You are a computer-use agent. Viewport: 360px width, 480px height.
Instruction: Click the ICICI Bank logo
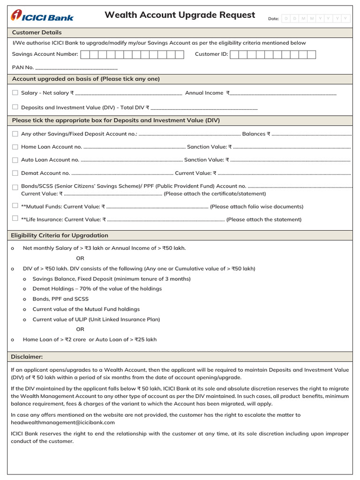click(42, 16)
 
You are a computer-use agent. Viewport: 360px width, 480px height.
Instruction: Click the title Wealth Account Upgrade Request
click(180, 15)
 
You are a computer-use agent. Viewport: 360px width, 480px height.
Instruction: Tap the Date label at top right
click(273, 19)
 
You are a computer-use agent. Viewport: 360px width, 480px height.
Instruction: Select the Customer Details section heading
click(37, 32)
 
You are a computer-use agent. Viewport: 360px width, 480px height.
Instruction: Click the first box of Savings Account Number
click(85, 54)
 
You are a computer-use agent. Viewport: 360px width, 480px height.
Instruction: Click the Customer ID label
click(211, 54)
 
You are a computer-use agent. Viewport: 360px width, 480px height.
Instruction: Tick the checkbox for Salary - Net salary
click(15, 93)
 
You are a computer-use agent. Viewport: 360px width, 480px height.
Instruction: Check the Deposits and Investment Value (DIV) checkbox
click(15, 107)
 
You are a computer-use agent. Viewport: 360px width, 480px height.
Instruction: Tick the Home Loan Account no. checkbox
click(15, 147)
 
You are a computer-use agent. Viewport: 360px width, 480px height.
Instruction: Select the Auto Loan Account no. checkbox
click(15, 160)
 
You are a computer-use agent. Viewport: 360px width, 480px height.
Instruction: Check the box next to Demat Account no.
click(15, 173)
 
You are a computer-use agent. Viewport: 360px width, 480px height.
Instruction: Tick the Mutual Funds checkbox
click(15, 206)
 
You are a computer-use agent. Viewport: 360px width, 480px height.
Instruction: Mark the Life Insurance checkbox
click(15, 218)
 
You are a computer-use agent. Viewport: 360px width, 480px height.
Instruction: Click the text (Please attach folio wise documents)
click(256, 206)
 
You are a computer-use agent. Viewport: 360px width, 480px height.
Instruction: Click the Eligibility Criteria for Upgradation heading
click(60, 235)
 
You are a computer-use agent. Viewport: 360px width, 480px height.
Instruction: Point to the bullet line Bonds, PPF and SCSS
click(60, 299)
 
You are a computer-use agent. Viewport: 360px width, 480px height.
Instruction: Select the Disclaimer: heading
click(27, 357)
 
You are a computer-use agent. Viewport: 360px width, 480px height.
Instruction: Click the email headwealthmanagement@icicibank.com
click(62, 422)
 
